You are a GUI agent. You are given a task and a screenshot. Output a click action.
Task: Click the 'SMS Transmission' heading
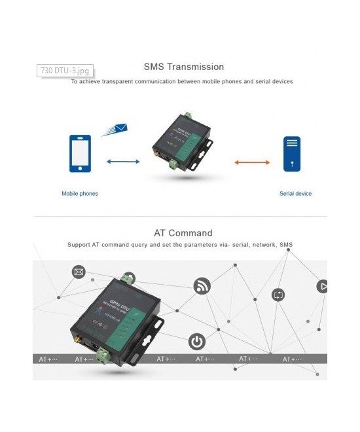tap(183, 67)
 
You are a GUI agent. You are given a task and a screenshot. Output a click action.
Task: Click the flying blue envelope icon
tap(115, 129)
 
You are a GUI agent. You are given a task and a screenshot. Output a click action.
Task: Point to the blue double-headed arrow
tap(123, 161)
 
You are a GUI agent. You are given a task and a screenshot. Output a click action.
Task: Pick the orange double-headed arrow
tap(252, 162)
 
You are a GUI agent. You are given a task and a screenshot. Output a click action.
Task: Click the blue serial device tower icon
tap(291, 154)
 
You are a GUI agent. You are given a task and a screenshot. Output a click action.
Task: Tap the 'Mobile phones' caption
tap(80, 194)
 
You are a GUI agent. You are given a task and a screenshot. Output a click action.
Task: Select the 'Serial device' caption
tap(295, 194)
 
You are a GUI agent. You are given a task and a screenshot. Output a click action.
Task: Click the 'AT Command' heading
tap(183, 233)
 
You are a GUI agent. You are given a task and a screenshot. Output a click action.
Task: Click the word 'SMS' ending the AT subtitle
tap(286, 245)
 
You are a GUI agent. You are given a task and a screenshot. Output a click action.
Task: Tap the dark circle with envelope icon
tap(79, 272)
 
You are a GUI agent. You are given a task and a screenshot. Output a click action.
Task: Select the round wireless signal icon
tap(202, 286)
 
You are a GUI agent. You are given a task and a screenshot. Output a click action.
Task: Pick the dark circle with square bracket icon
tap(278, 295)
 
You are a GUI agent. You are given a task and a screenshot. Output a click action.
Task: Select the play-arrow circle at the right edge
tap(323, 287)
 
